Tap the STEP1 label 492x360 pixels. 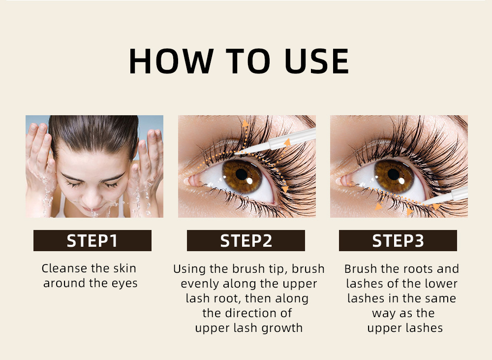(x=92, y=241)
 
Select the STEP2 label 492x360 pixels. (x=246, y=241)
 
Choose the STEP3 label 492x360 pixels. (x=398, y=241)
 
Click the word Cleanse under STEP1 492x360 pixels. (x=64, y=268)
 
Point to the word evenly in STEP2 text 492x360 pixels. (x=200, y=284)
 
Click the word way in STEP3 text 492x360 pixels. (x=383, y=313)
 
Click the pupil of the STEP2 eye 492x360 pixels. (x=242, y=174)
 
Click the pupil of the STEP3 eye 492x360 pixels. (x=394, y=174)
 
